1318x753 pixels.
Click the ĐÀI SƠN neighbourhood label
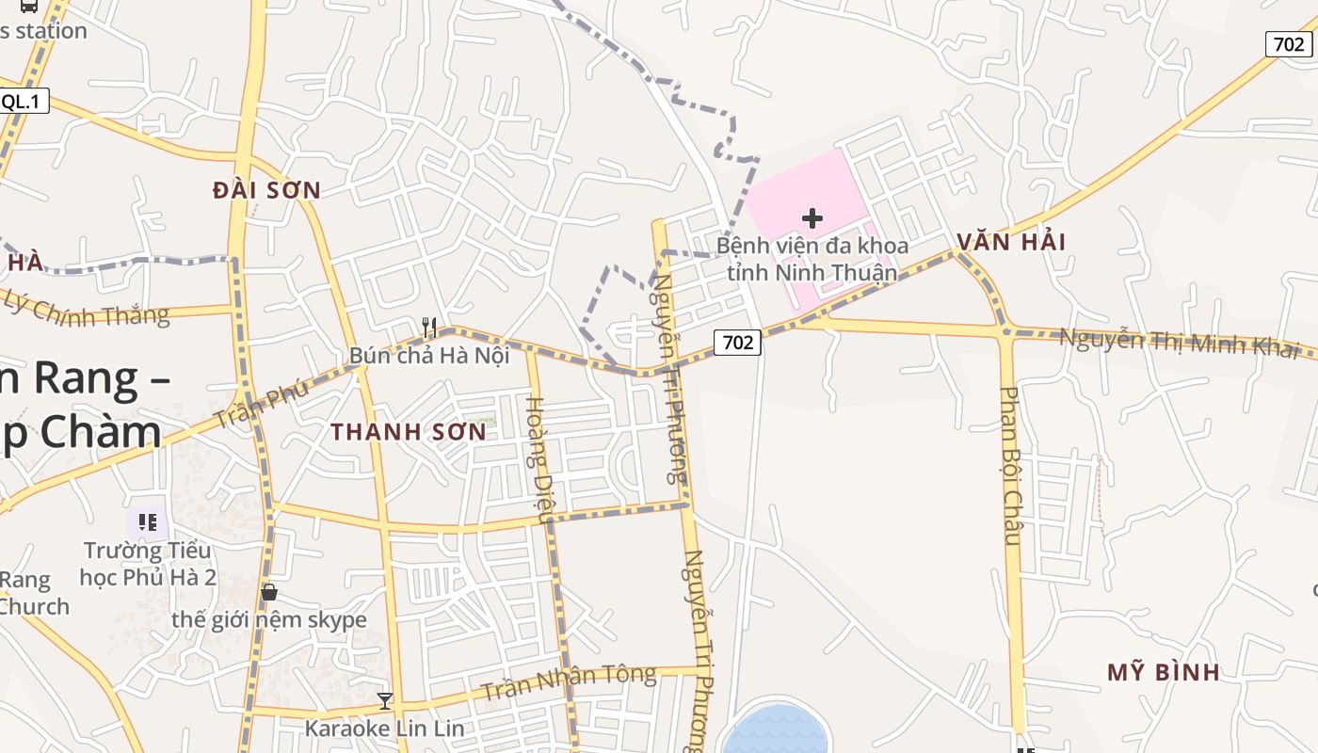(x=266, y=190)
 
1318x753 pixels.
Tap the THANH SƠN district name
(x=409, y=432)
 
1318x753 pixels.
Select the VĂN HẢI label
(x=1011, y=242)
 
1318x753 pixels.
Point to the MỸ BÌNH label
(x=1164, y=672)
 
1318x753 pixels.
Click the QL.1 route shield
(x=23, y=102)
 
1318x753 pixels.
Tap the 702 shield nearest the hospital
(x=737, y=343)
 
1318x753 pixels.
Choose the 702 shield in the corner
(x=1288, y=43)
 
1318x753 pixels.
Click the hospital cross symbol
(x=812, y=218)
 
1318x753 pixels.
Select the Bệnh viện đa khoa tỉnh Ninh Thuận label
(x=812, y=259)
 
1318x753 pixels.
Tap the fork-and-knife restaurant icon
(x=429, y=327)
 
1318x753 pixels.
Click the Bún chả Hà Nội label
(x=429, y=356)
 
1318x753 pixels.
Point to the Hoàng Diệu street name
(x=536, y=459)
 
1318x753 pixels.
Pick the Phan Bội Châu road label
(x=1011, y=466)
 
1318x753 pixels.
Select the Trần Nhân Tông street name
(x=568, y=683)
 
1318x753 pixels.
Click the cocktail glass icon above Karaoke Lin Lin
(x=384, y=700)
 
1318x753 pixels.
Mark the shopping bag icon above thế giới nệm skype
(x=269, y=591)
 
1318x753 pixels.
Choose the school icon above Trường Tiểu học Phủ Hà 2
(x=148, y=521)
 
